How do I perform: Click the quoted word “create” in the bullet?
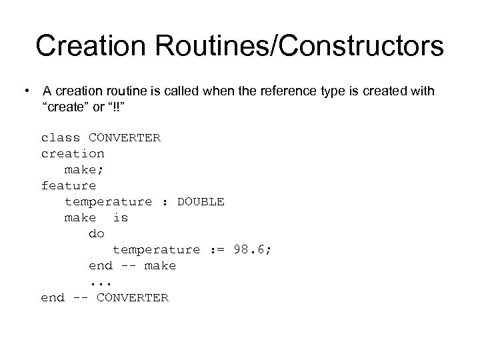(69, 107)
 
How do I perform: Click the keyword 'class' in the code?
(61, 138)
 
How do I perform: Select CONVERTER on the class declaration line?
(125, 138)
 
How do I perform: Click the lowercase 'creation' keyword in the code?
(73, 154)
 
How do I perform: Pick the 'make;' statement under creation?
(85, 170)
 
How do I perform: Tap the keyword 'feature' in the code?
(69, 186)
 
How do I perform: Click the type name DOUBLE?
(201, 202)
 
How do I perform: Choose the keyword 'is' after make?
(121, 218)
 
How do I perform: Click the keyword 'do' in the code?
(97, 234)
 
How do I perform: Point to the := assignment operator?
(217, 250)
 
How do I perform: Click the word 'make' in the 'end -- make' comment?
(161, 266)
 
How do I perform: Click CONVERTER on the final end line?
(133, 298)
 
